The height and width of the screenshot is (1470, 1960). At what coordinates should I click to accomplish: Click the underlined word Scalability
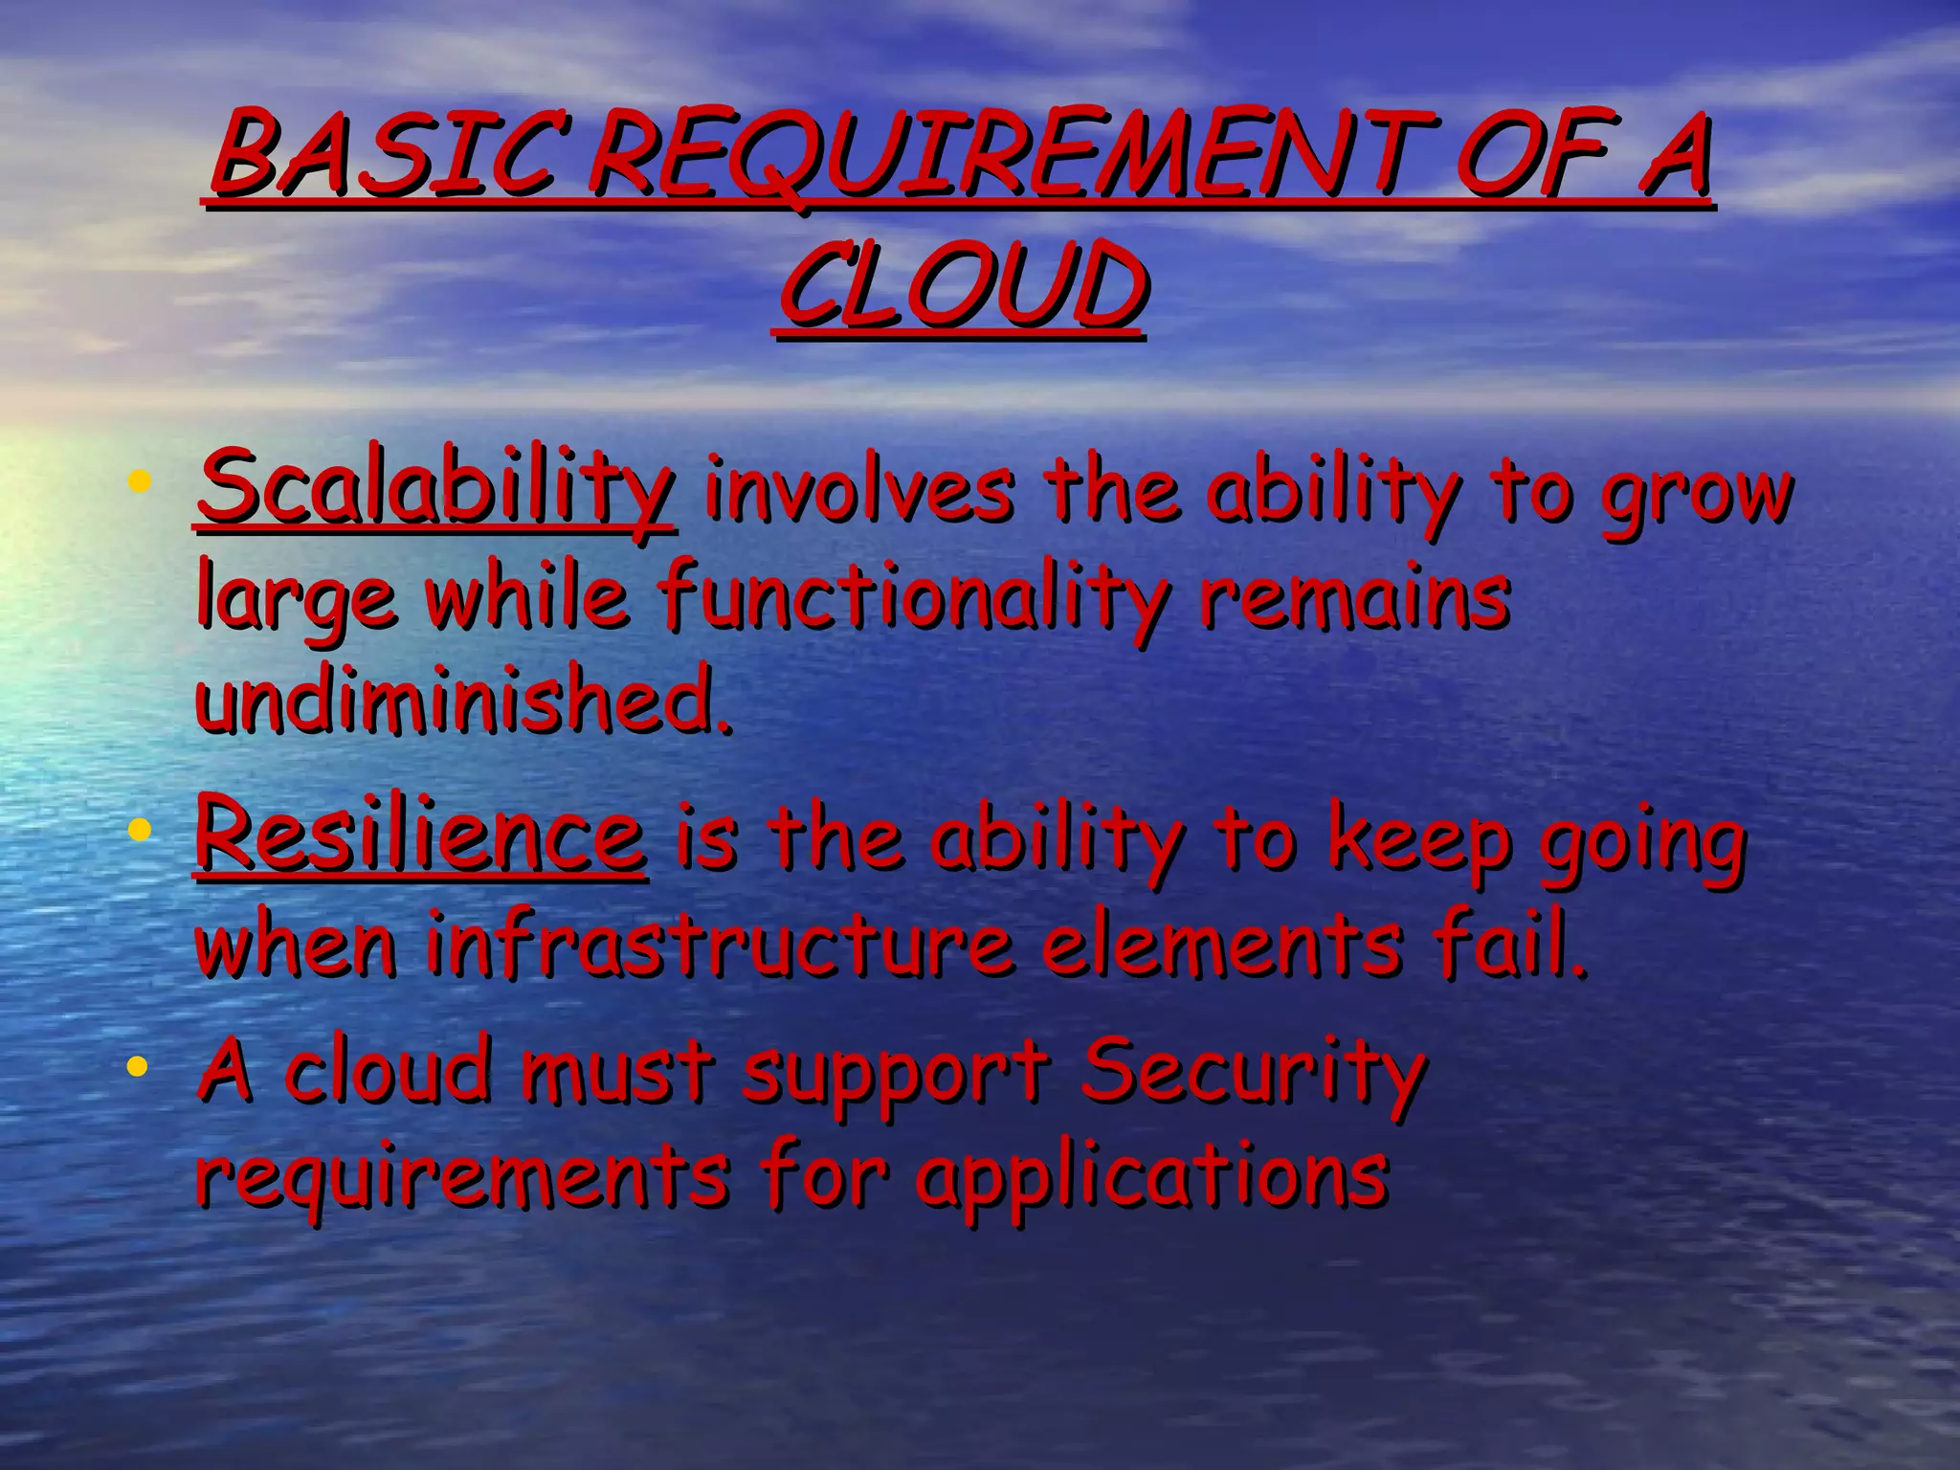tap(435, 489)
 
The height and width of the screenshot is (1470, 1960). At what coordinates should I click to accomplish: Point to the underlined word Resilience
tap(420, 835)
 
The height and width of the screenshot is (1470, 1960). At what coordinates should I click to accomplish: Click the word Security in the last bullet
tap(1254, 1070)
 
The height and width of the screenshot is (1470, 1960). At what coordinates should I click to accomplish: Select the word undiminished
tap(463, 700)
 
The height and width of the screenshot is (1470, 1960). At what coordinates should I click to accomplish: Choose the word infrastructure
tap(719, 946)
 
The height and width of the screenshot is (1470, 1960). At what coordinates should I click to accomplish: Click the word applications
tap(1152, 1176)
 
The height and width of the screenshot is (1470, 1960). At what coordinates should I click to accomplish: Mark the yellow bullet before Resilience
tap(140, 829)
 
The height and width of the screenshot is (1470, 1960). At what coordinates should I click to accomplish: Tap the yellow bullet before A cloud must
tap(140, 1065)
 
